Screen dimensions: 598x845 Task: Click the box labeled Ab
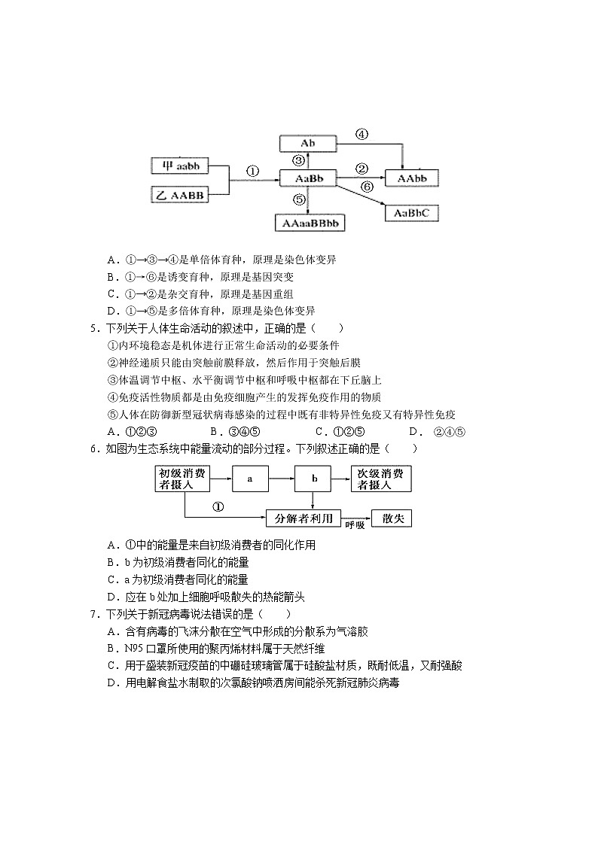point(307,143)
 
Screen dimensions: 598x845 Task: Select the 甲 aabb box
point(179,166)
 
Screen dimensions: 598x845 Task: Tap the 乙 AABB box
point(179,195)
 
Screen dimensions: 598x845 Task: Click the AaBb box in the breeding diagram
point(307,178)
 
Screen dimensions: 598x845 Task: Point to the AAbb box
point(411,178)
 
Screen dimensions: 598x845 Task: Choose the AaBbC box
point(411,213)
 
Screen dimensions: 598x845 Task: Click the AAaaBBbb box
point(310,223)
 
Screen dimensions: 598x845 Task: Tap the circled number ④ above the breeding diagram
point(362,135)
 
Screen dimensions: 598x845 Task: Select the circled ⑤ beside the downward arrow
point(299,199)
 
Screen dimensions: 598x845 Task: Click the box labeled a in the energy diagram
point(249,479)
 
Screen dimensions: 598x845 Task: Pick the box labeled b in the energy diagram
point(315,479)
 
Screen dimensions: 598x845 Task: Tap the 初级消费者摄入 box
point(184,479)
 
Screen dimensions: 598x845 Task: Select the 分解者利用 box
point(304,518)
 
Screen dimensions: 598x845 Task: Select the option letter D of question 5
point(413,432)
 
